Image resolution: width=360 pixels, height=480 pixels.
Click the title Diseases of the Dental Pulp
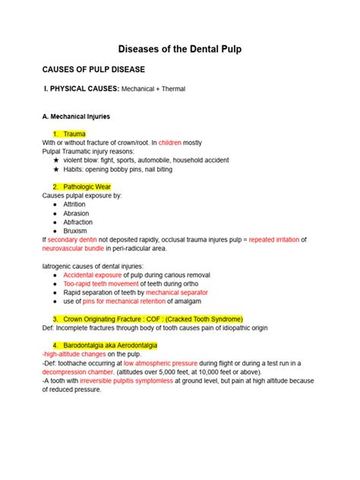[179, 49]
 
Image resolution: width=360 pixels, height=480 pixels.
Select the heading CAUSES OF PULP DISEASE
[93, 68]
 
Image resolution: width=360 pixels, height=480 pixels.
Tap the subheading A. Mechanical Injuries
[76, 116]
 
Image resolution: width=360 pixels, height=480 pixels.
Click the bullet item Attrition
[75, 204]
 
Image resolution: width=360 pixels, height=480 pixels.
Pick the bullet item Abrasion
[76, 213]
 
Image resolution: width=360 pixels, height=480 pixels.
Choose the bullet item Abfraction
[78, 222]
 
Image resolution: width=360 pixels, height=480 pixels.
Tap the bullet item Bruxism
[75, 231]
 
